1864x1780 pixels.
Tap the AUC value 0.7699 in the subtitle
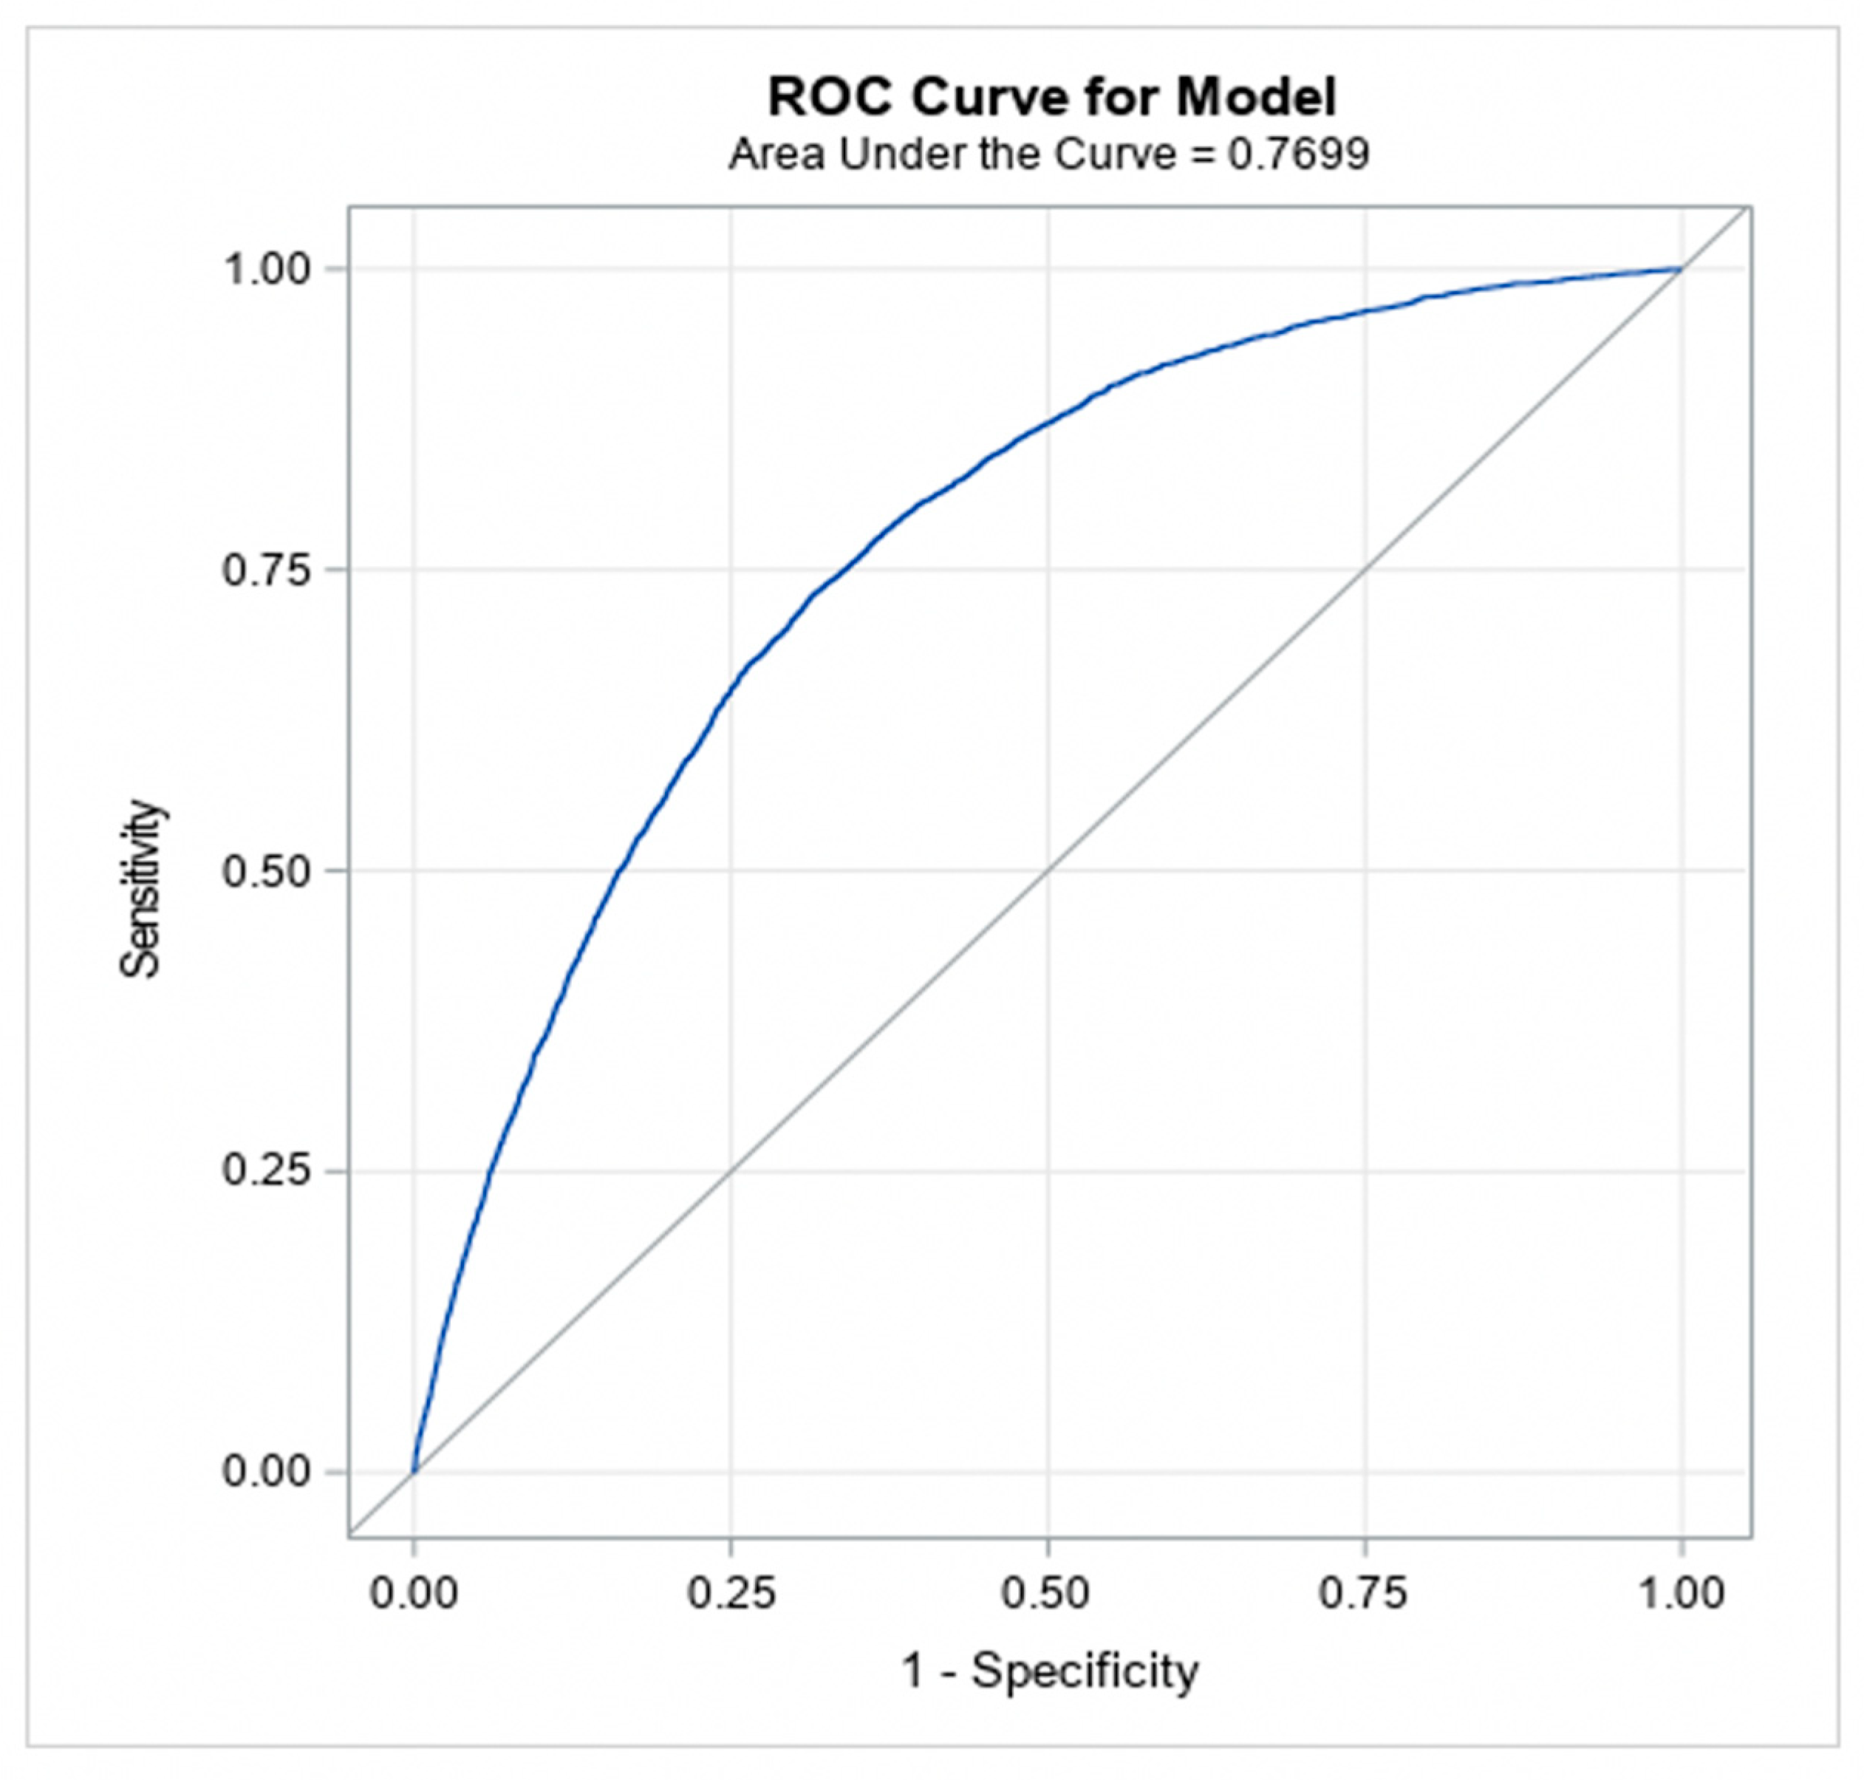pyautogui.click(x=1299, y=154)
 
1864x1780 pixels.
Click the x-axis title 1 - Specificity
pyautogui.click(x=1049, y=1670)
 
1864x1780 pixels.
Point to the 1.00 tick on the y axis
pyautogui.click(x=267, y=270)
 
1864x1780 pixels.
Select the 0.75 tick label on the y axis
pyautogui.click(x=267, y=570)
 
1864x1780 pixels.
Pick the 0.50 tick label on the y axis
pyautogui.click(x=267, y=871)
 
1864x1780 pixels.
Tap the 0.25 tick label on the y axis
pyautogui.click(x=267, y=1171)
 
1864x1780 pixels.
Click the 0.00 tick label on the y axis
pyautogui.click(x=267, y=1472)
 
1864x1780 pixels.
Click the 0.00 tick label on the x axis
pyautogui.click(x=414, y=1593)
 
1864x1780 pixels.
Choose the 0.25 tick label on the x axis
pyautogui.click(x=731, y=1593)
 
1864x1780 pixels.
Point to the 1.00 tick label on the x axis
pyautogui.click(x=1682, y=1593)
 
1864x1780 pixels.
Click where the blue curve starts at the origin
pyautogui.click(x=414, y=1472)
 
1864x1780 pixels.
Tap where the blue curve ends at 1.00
pyautogui.click(x=1681, y=270)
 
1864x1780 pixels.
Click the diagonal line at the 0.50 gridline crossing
pyautogui.click(x=1048, y=870)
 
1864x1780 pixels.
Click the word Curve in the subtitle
pyautogui.click(x=1115, y=154)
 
